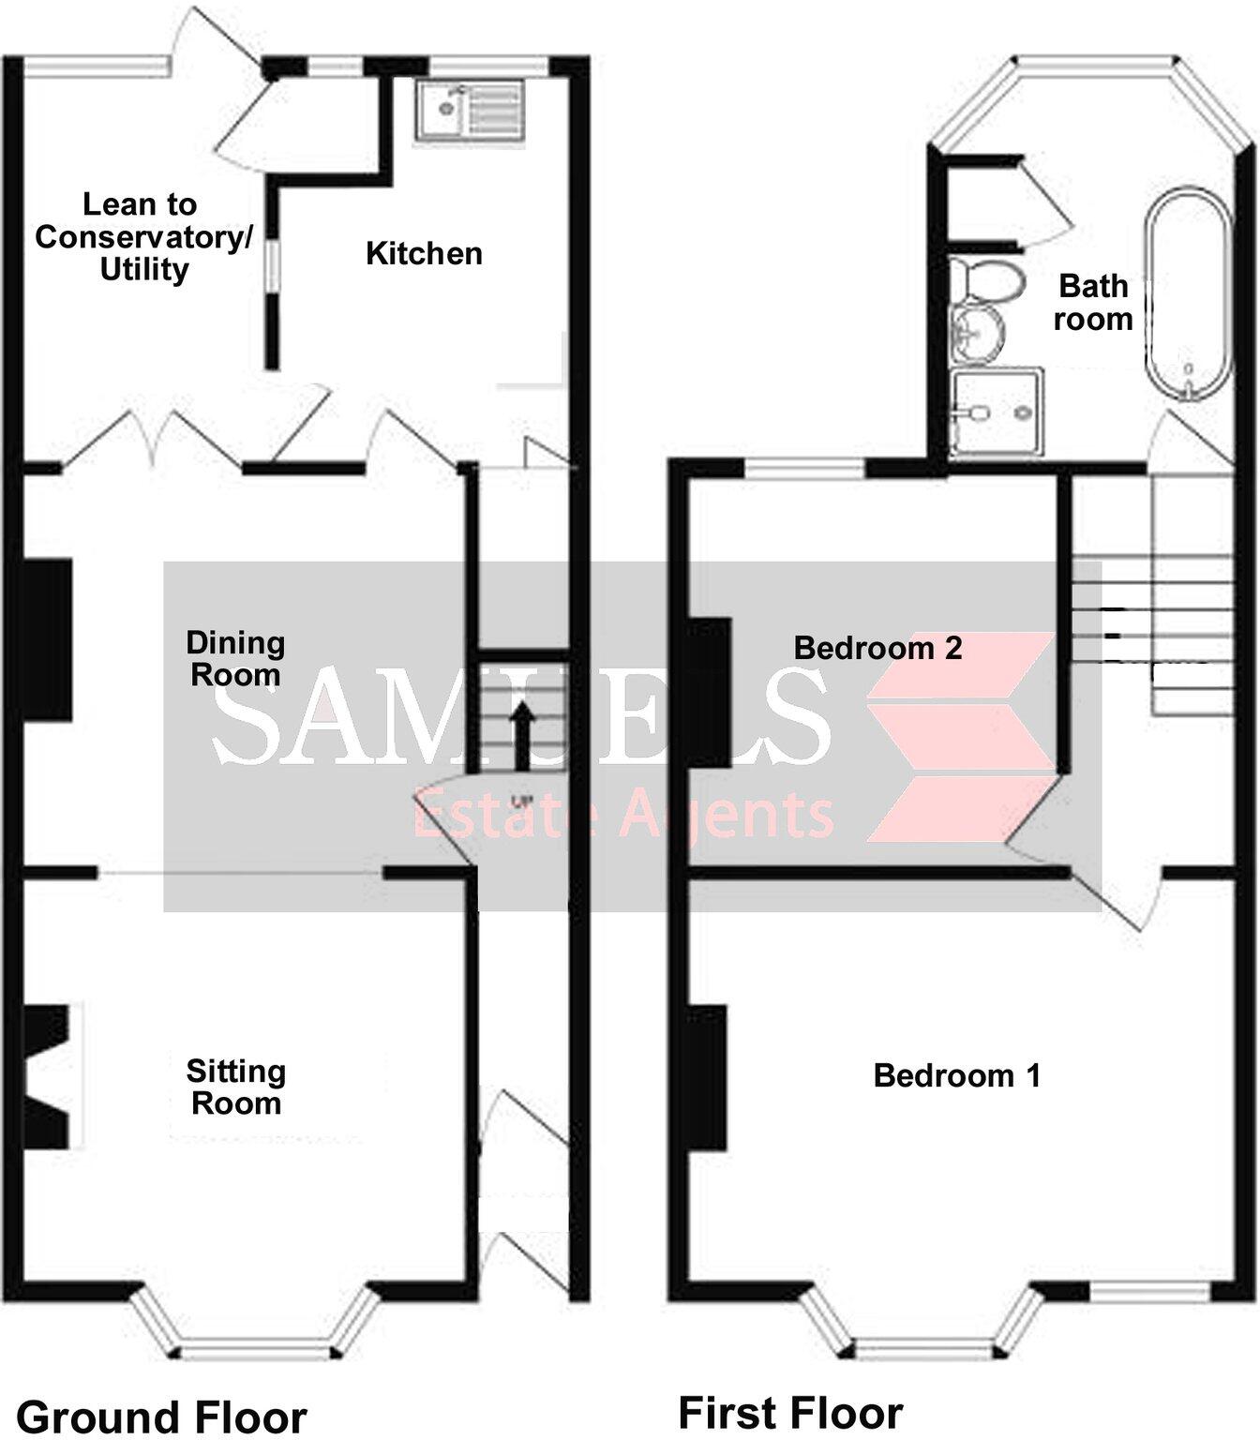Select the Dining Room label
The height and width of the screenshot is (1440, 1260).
click(x=235, y=658)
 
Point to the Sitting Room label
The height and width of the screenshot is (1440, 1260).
click(x=235, y=1087)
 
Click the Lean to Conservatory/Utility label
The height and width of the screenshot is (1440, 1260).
click(x=142, y=237)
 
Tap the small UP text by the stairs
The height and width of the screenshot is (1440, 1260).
click(x=521, y=802)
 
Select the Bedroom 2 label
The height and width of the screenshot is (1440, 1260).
click(x=877, y=648)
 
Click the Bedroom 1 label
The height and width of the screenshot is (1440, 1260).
click(x=956, y=1075)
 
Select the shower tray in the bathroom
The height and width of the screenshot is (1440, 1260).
click(x=996, y=412)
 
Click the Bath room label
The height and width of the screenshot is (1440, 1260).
click(x=1093, y=302)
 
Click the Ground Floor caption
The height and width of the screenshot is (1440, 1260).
click(x=162, y=1416)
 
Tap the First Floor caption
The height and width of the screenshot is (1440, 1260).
click(x=790, y=1412)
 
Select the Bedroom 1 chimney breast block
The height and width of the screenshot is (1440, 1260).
click(x=709, y=1077)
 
